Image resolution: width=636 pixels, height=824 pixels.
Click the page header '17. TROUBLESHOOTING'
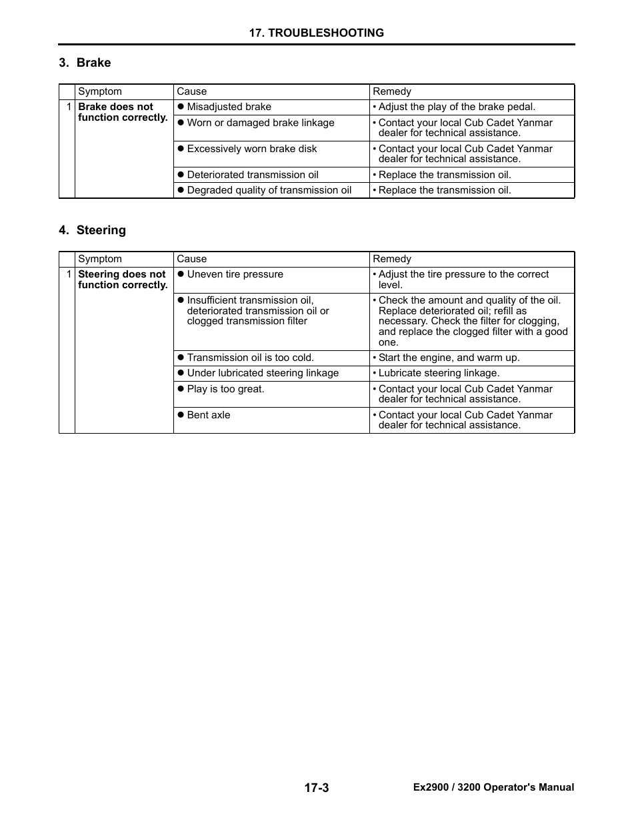(x=316, y=33)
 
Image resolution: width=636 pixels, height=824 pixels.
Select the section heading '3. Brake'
(x=85, y=63)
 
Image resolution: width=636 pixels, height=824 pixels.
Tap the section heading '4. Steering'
(x=92, y=230)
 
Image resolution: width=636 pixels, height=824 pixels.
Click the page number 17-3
(x=317, y=788)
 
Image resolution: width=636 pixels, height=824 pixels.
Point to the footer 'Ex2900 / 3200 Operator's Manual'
(x=493, y=787)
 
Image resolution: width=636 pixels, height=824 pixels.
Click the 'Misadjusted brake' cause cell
(x=229, y=107)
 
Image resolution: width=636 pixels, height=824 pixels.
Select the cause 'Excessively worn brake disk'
(x=251, y=149)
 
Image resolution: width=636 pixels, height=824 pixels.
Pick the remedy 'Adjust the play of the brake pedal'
(x=457, y=107)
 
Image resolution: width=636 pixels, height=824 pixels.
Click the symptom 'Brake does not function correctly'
(x=123, y=112)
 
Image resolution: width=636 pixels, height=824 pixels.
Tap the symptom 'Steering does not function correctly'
(x=123, y=280)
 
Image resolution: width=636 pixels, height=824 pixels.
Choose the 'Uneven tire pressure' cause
(x=235, y=274)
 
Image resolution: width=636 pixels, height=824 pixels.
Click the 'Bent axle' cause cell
(x=208, y=415)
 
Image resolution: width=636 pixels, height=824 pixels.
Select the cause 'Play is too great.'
(x=225, y=389)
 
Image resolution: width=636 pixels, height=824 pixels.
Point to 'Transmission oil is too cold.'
(x=250, y=358)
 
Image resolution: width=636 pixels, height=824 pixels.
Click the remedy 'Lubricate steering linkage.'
(x=439, y=373)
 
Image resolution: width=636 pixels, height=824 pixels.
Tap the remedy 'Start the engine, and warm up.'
(x=449, y=358)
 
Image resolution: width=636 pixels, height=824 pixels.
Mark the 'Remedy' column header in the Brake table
(x=392, y=91)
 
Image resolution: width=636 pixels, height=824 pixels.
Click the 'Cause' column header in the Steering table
(x=191, y=259)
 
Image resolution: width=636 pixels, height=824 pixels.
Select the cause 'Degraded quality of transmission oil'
(x=269, y=190)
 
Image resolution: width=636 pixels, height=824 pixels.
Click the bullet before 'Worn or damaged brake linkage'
(x=180, y=123)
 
